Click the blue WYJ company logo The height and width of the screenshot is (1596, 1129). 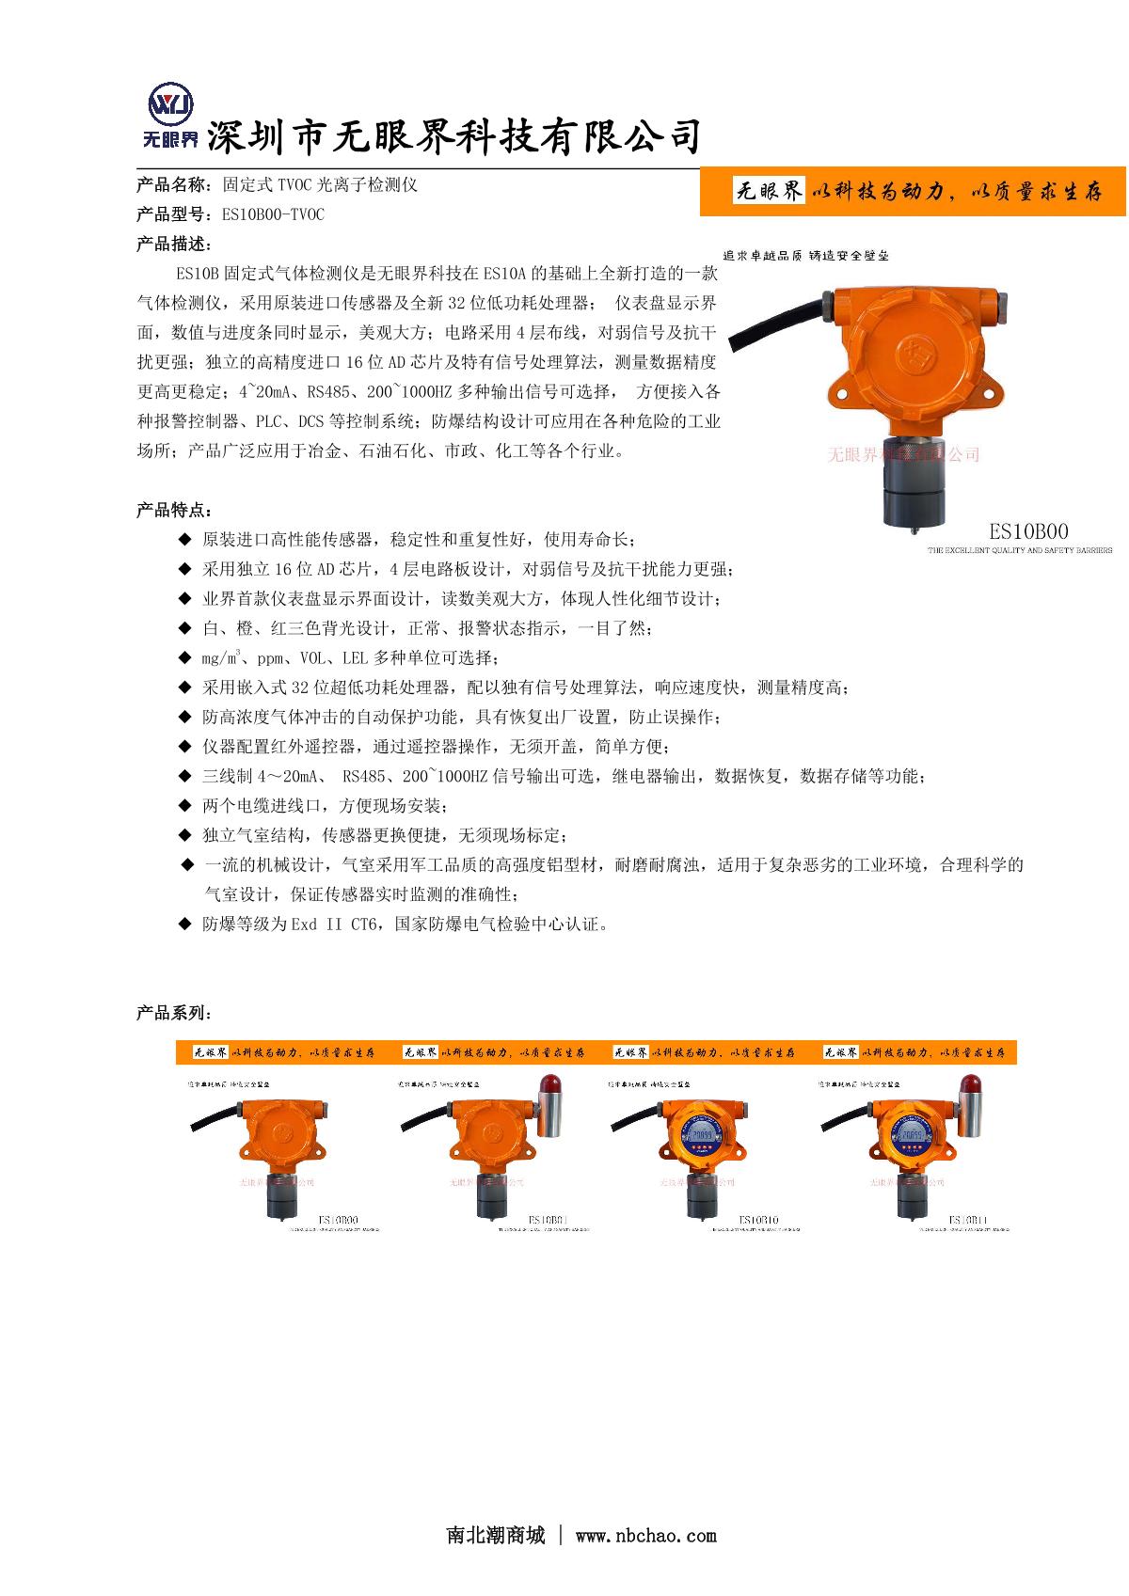click(171, 104)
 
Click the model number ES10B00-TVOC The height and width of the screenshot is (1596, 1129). click(273, 215)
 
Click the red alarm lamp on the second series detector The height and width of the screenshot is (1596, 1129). click(550, 1089)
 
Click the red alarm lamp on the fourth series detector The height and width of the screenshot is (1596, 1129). click(970, 1089)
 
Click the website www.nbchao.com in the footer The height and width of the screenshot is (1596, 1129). click(645, 1536)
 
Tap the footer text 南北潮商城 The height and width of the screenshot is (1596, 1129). click(495, 1536)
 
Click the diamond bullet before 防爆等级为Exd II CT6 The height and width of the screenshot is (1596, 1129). click(184, 924)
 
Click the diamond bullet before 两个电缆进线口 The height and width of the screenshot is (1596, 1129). click(184, 806)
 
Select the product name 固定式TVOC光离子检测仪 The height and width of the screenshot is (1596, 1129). click(319, 185)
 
